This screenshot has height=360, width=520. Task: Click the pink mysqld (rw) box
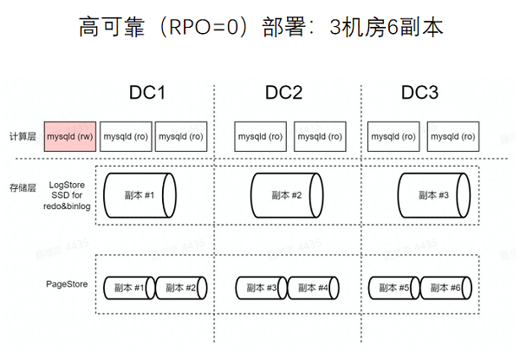point(70,136)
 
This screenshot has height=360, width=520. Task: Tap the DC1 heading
point(147,93)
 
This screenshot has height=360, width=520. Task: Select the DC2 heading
point(284,93)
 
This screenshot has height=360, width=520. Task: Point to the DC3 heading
point(419,93)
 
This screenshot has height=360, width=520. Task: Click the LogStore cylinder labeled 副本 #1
point(140,195)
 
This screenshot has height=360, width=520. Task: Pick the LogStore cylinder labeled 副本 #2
point(287,195)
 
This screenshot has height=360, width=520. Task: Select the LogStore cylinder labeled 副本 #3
point(434,195)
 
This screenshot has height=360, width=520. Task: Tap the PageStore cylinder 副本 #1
point(129,288)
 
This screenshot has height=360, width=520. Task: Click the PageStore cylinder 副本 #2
point(181,288)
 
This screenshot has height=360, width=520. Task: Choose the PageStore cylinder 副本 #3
point(262,288)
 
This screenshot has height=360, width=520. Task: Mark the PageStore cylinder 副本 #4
point(314,288)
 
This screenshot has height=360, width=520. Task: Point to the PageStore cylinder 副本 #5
point(394,288)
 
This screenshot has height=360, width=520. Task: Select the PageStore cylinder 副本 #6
point(445,288)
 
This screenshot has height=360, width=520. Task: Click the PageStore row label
point(67,285)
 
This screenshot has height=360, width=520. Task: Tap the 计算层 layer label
point(23,136)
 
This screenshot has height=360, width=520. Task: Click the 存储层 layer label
point(23,187)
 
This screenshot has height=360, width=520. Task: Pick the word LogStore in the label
point(67,185)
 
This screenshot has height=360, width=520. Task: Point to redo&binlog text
point(67,206)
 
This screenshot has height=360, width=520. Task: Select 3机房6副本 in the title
point(387,27)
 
